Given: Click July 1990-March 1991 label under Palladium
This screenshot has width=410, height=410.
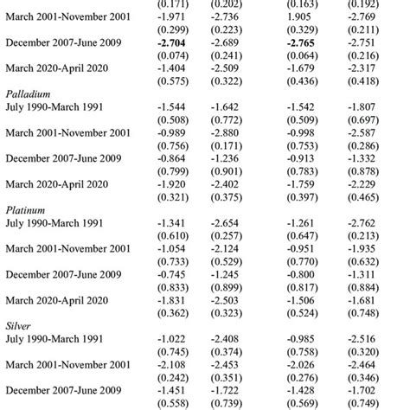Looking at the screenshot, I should [x=58, y=113].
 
